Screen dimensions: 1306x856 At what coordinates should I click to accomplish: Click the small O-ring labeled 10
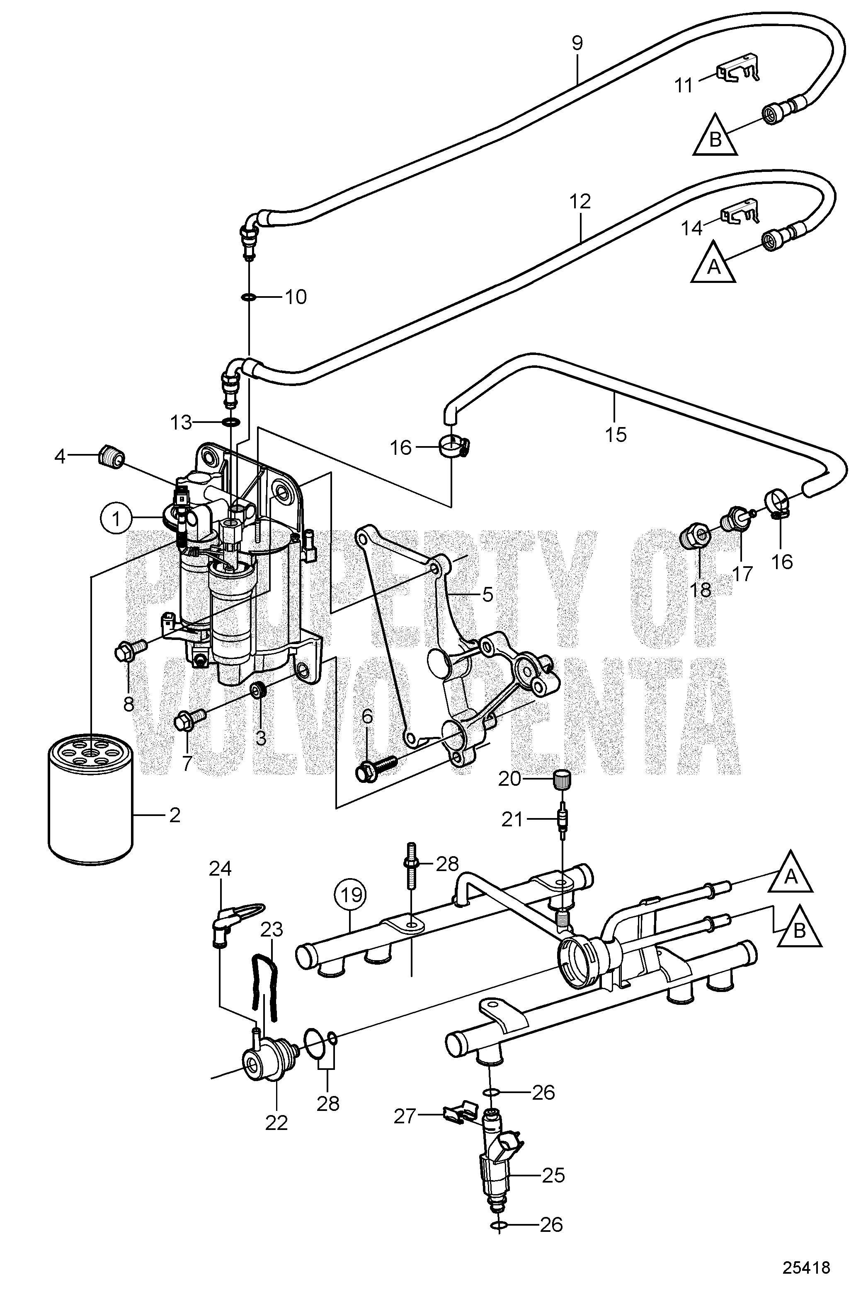248,297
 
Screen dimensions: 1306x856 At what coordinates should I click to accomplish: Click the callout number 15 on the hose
616,435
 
